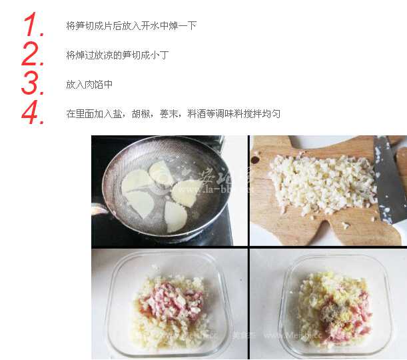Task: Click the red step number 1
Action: click(33, 25)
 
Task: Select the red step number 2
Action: click(33, 55)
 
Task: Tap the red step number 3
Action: click(33, 84)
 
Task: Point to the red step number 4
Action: click(33, 113)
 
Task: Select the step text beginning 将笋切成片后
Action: click(131, 26)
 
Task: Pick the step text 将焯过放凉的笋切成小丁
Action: click(117, 55)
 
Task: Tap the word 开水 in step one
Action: click(150, 26)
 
